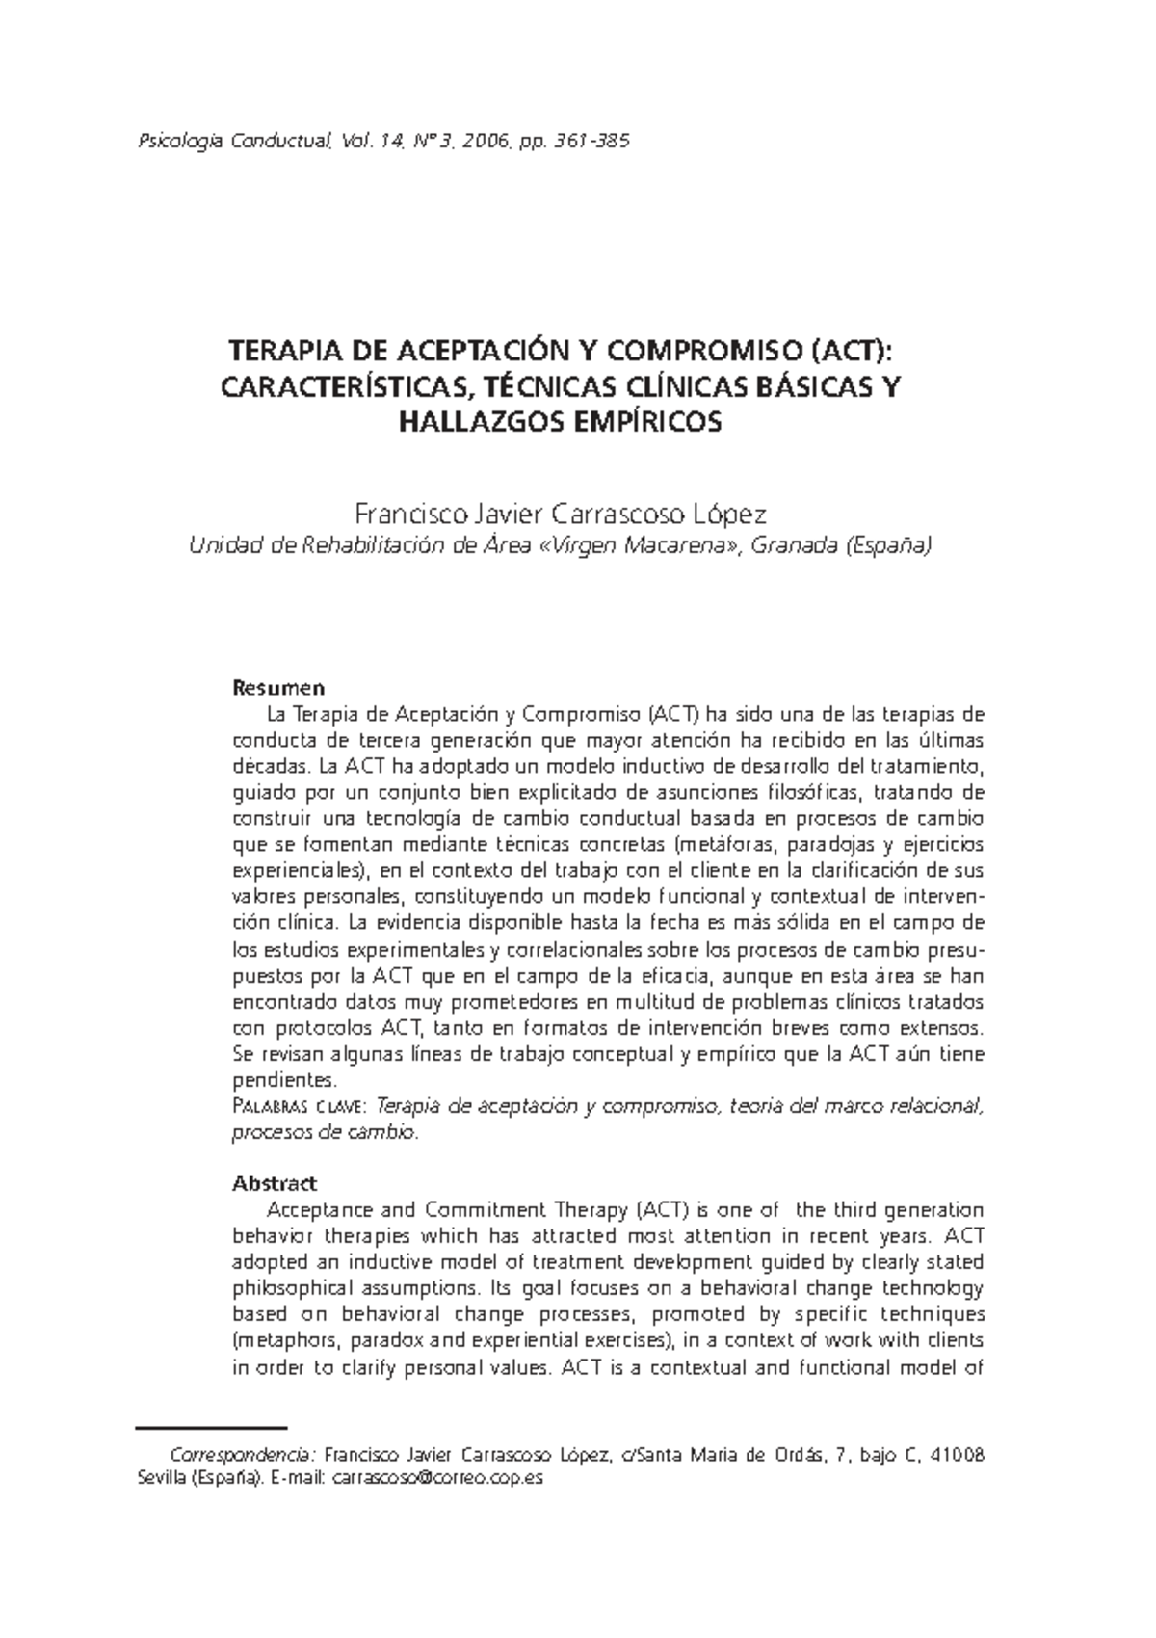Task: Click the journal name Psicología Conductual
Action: pyautogui.click(x=235, y=143)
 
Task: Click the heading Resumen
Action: pyautogui.click(x=278, y=688)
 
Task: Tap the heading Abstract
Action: pyautogui.click(x=275, y=1183)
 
